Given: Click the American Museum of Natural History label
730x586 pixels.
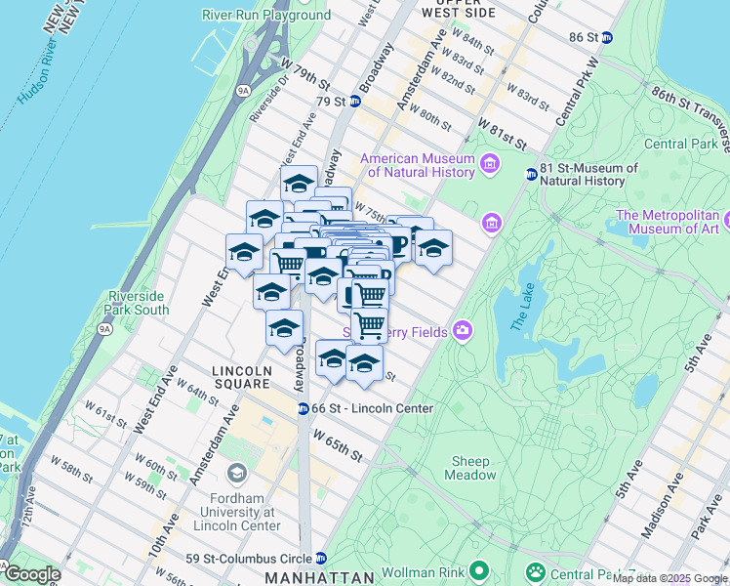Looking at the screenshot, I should pos(418,166).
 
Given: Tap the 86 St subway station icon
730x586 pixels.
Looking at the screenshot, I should pos(607,37).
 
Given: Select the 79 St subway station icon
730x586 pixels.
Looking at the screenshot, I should pos(355,102).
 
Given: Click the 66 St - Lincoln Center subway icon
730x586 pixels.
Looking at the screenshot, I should pos(304,408).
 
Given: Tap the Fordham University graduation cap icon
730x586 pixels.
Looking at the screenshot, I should pos(236,475).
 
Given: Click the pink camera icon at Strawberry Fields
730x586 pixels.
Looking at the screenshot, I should pos(461,332).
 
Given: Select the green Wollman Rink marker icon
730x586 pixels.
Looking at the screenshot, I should pos(479,568).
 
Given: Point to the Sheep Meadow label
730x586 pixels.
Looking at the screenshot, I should pos(470,468).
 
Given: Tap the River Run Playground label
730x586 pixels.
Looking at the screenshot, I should pos(266,15).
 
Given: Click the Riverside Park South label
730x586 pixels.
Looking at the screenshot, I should pos(140,303).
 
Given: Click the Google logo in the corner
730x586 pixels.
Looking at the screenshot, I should pos(31,574).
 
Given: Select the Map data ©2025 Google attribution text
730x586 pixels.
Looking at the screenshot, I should pos(669,579).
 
